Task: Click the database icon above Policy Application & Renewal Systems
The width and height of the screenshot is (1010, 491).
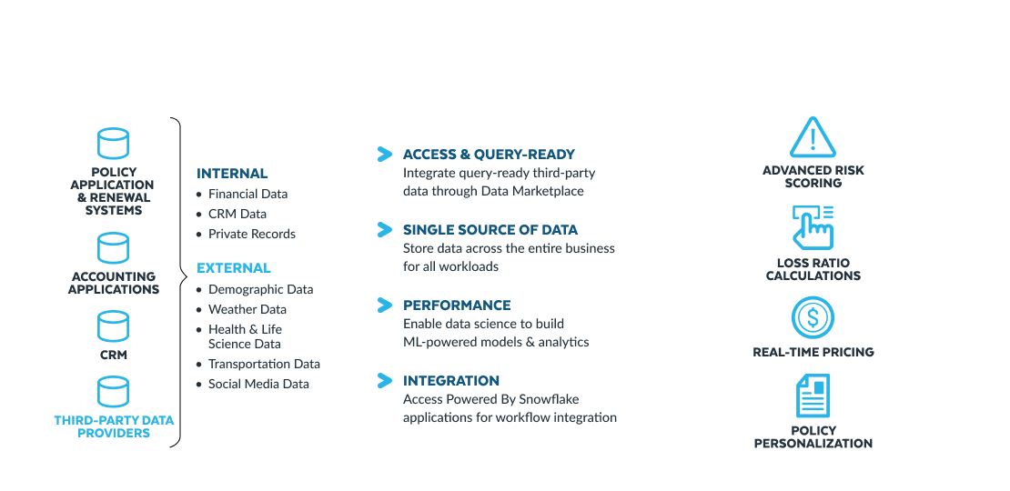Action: [114, 143]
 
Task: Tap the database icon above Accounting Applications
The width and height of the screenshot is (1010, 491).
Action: [114, 247]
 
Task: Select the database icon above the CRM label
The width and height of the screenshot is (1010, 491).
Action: [114, 326]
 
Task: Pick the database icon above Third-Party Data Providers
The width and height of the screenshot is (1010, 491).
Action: [114, 393]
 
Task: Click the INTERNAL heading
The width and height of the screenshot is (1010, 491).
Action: [232, 174]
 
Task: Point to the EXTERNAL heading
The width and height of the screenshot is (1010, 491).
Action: [234, 267]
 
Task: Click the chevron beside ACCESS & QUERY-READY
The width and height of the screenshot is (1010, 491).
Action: [385, 155]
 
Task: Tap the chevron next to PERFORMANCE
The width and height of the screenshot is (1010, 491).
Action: [385, 305]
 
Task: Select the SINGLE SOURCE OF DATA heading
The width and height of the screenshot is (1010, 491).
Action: [490, 230]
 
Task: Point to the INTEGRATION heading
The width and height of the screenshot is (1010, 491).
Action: [451, 380]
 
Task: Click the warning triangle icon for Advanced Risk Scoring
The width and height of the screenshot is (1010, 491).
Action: [813, 137]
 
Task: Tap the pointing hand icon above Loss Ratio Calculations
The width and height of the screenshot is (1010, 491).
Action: [813, 227]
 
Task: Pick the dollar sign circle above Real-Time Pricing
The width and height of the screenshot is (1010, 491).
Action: [813, 317]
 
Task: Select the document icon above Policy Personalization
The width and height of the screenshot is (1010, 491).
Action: [813, 396]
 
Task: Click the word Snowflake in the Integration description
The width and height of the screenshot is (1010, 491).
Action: [550, 400]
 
